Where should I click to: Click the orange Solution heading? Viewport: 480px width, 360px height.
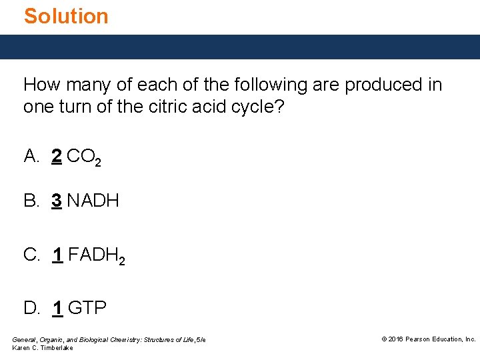point(66,15)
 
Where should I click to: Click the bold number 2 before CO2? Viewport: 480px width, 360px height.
point(57,157)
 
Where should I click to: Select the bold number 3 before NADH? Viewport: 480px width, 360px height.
point(57,200)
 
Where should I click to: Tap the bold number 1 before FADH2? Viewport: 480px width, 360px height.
point(57,254)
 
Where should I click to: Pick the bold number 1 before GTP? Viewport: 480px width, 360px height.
point(57,307)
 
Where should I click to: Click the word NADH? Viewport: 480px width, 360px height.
point(93,200)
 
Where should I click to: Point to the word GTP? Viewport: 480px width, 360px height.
point(87,307)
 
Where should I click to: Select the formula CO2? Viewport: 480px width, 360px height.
point(85,158)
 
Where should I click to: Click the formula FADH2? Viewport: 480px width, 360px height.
point(97,255)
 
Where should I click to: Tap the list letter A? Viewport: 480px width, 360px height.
point(31,157)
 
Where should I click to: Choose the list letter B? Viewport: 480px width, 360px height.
point(31,200)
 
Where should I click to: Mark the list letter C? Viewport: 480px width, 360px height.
point(31,254)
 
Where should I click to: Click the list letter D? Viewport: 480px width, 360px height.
point(31,307)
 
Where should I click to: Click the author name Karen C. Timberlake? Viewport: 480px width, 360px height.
point(43,348)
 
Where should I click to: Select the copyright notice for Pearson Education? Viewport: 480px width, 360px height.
point(428,339)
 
